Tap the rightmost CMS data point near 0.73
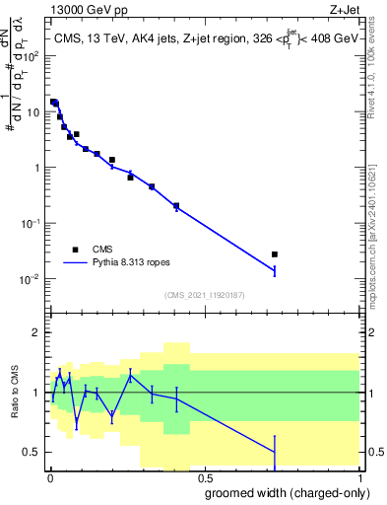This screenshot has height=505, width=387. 275,254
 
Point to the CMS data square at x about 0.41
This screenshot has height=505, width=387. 176,206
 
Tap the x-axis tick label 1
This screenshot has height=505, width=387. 359,476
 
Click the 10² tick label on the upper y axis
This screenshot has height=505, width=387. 32,55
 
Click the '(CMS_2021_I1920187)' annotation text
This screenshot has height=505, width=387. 204,295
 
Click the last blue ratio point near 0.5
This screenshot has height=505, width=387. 275,452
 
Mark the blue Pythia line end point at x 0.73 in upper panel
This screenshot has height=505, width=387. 275,270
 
